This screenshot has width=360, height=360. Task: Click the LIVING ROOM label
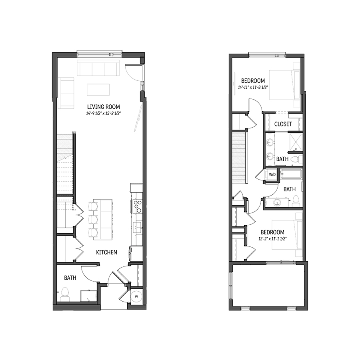pos(104,107)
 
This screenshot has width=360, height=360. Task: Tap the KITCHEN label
pos(106,252)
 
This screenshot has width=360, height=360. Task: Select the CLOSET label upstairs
pos(283,124)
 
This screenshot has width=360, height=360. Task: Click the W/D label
pos(272,174)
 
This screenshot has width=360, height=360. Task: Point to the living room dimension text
pos(104,113)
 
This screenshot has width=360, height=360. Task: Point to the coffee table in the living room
pos(98,89)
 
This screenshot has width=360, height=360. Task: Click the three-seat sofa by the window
pos(98,69)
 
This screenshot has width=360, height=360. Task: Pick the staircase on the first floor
pos(65,164)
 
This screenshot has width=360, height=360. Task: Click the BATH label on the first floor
pos(70,278)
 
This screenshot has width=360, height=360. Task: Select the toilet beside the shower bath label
pos(295,160)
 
